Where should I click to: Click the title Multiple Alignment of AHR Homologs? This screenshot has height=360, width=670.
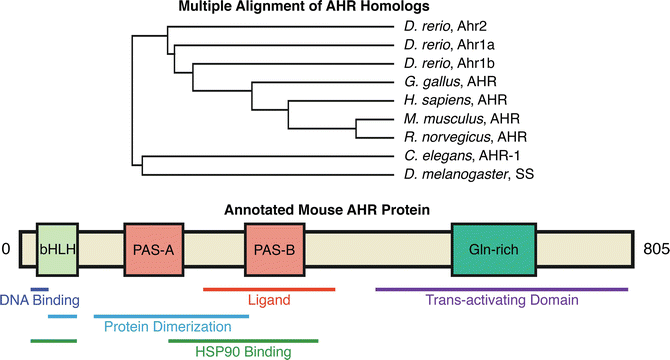click(334, 9)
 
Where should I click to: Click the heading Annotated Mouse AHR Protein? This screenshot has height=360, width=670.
click(334, 210)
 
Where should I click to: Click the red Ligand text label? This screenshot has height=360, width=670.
click(268, 299)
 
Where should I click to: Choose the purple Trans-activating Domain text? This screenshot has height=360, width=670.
click(502, 299)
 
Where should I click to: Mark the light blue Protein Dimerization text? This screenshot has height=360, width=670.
click(163, 326)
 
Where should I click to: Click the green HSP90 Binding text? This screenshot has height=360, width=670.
click(243, 352)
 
